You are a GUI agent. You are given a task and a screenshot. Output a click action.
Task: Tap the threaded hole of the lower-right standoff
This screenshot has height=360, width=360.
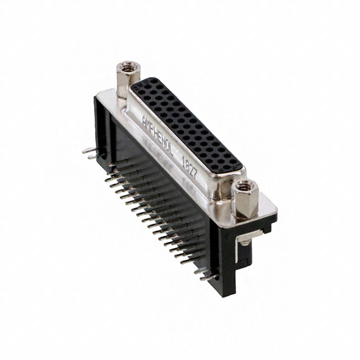(x=245, y=186)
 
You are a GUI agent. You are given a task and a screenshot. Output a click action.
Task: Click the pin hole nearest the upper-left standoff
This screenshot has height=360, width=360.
(x=141, y=84)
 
